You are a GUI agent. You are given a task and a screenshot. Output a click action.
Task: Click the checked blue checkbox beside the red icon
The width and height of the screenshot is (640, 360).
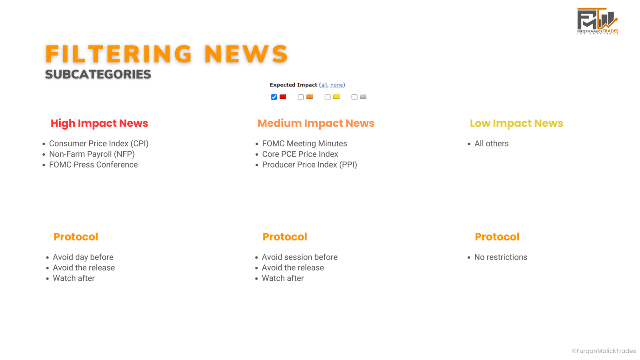(x=274, y=97)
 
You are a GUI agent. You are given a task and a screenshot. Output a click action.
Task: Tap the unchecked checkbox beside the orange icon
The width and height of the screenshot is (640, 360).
(x=300, y=97)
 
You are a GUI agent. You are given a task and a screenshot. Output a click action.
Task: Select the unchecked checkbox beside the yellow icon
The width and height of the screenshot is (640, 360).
(x=328, y=97)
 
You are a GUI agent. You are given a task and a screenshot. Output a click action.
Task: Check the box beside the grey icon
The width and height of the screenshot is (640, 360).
(x=354, y=97)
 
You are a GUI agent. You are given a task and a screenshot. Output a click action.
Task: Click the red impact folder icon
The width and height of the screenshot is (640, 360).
(x=282, y=96)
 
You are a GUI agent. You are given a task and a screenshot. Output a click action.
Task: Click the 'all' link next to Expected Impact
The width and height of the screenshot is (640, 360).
(x=324, y=85)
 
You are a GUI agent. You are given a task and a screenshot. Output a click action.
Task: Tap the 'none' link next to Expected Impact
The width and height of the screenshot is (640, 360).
(x=336, y=85)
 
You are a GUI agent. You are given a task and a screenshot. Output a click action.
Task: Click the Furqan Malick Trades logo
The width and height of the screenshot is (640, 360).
(x=598, y=21)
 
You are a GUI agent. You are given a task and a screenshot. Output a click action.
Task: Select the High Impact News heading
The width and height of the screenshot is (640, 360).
(x=100, y=123)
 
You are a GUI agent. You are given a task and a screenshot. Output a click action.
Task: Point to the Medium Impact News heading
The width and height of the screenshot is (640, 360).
(x=316, y=123)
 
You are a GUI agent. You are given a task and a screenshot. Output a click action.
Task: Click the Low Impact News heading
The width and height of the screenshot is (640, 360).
(x=516, y=123)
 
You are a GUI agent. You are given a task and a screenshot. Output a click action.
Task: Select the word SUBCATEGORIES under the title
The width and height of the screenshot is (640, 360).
(x=98, y=74)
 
